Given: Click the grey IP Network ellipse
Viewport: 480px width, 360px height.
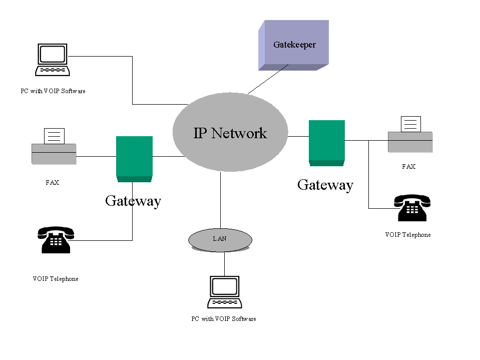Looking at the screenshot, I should click(x=230, y=133).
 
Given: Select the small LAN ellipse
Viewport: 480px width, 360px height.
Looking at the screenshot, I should click(x=220, y=239).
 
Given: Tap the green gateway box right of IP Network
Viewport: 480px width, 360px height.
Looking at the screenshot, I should click(x=327, y=142).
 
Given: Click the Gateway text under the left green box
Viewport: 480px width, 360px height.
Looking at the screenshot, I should click(x=133, y=201).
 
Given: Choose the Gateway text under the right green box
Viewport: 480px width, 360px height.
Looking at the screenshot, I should click(x=325, y=185).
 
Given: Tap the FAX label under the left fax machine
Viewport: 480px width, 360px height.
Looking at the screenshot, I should click(x=53, y=183).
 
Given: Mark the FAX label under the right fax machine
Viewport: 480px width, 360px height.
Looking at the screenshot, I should click(x=409, y=167).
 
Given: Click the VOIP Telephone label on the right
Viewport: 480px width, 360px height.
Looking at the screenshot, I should click(x=408, y=235).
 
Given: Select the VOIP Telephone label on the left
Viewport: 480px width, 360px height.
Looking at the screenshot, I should click(x=56, y=279).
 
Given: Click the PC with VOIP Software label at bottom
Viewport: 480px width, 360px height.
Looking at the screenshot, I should click(x=224, y=319).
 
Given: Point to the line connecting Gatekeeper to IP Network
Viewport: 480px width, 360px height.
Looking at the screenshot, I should click(x=267, y=80).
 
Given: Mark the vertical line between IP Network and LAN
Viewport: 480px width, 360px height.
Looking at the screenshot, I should click(x=220, y=200).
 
